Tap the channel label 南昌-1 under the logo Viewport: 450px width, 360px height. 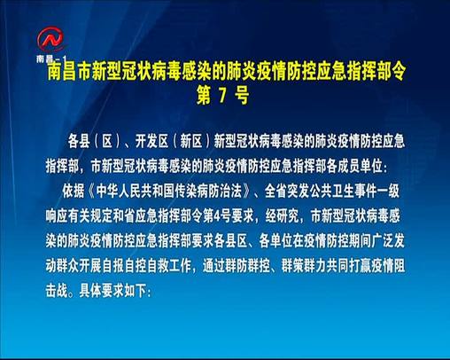point(50,57)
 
